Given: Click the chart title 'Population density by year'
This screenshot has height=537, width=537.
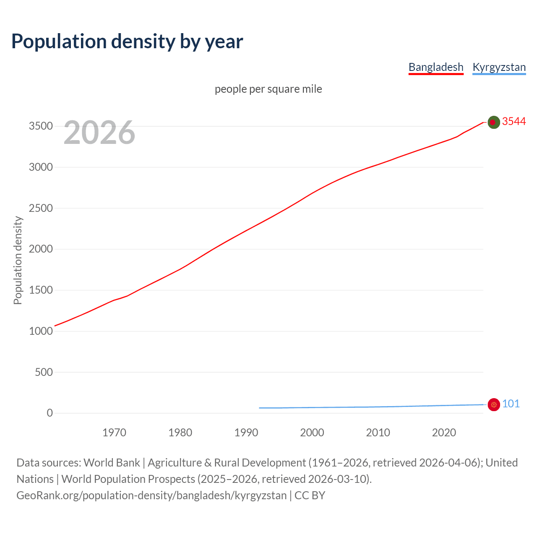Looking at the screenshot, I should [x=127, y=41].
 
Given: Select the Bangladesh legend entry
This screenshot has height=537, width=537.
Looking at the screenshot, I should [x=436, y=67].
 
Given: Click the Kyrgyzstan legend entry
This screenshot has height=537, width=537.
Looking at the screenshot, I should [x=499, y=67].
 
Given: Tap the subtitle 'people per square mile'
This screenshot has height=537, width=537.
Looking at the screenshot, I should [x=268, y=89].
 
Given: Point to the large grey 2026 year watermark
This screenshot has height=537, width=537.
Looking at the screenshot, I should [x=99, y=133].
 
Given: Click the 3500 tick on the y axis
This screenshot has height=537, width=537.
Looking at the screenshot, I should [x=41, y=126].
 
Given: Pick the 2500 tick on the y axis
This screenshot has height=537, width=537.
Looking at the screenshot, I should [x=41, y=208].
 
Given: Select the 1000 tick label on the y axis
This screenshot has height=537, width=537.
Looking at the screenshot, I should [x=41, y=331].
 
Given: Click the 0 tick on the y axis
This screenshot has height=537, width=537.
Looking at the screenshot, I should [x=50, y=413].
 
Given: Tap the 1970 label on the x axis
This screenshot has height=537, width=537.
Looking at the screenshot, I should [x=114, y=433].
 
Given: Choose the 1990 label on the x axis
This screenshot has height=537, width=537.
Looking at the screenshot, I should [x=246, y=433].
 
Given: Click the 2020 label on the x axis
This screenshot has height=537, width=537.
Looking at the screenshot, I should [x=444, y=433].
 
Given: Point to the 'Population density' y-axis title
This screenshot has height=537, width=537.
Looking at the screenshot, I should [x=18, y=260].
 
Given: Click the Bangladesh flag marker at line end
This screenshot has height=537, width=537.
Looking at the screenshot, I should [x=494, y=122].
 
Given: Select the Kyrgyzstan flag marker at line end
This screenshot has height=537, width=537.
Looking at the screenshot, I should [x=494, y=404].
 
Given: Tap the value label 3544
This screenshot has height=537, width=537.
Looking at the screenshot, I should [x=514, y=121].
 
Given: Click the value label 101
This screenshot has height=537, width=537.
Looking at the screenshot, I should [x=511, y=404].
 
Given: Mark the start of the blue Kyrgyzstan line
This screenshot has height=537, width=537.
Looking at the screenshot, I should [x=260, y=408].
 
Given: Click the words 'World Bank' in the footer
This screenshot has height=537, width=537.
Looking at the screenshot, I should [x=112, y=462].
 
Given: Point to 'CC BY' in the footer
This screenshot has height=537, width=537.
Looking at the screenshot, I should [x=310, y=495].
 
